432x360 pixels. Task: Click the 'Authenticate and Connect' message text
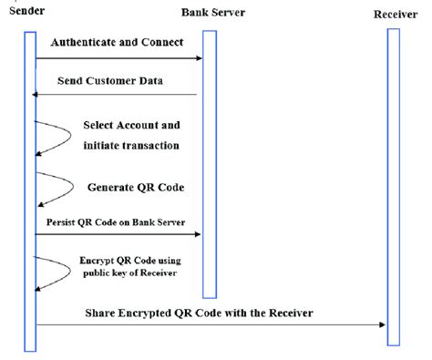[x=116, y=43]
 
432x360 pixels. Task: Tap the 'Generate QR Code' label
[x=136, y=187]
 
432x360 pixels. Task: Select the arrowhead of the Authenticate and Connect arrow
[x=198, y=59]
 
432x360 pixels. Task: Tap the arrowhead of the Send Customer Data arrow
[x=37, y=95]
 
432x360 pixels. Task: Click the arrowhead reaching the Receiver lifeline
[x=383, y=325]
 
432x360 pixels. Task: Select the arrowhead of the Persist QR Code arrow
[x=198, y=235]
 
